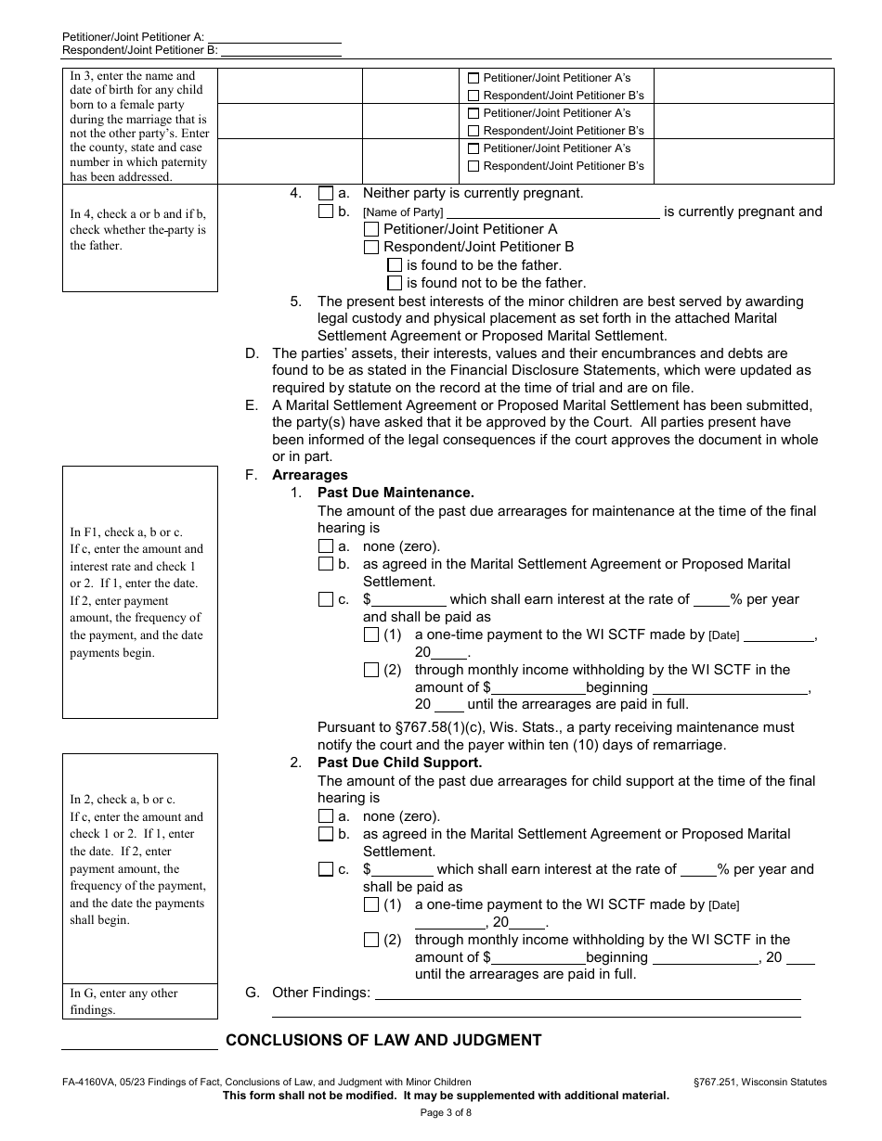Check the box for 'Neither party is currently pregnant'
[x=325, y=194]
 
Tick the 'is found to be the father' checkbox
[x=395, y=265]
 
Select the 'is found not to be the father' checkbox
[x=395, y=283]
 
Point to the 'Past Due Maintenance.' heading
[x=396, y=493]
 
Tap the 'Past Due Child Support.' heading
[x=399, y=763]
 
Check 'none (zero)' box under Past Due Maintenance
[x=325, y=546]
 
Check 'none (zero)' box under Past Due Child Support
[x=325, y=816]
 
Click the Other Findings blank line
[x=586, y=994]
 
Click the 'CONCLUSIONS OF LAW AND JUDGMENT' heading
[x=383, y=1040]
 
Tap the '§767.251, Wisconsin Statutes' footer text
[x=759, y=1082]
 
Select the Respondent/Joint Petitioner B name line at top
[x=279, y=50]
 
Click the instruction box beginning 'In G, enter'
[x=139, y=1001]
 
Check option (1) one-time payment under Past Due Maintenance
[x=371, y=635]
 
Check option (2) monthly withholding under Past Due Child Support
[x=371, y=940]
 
